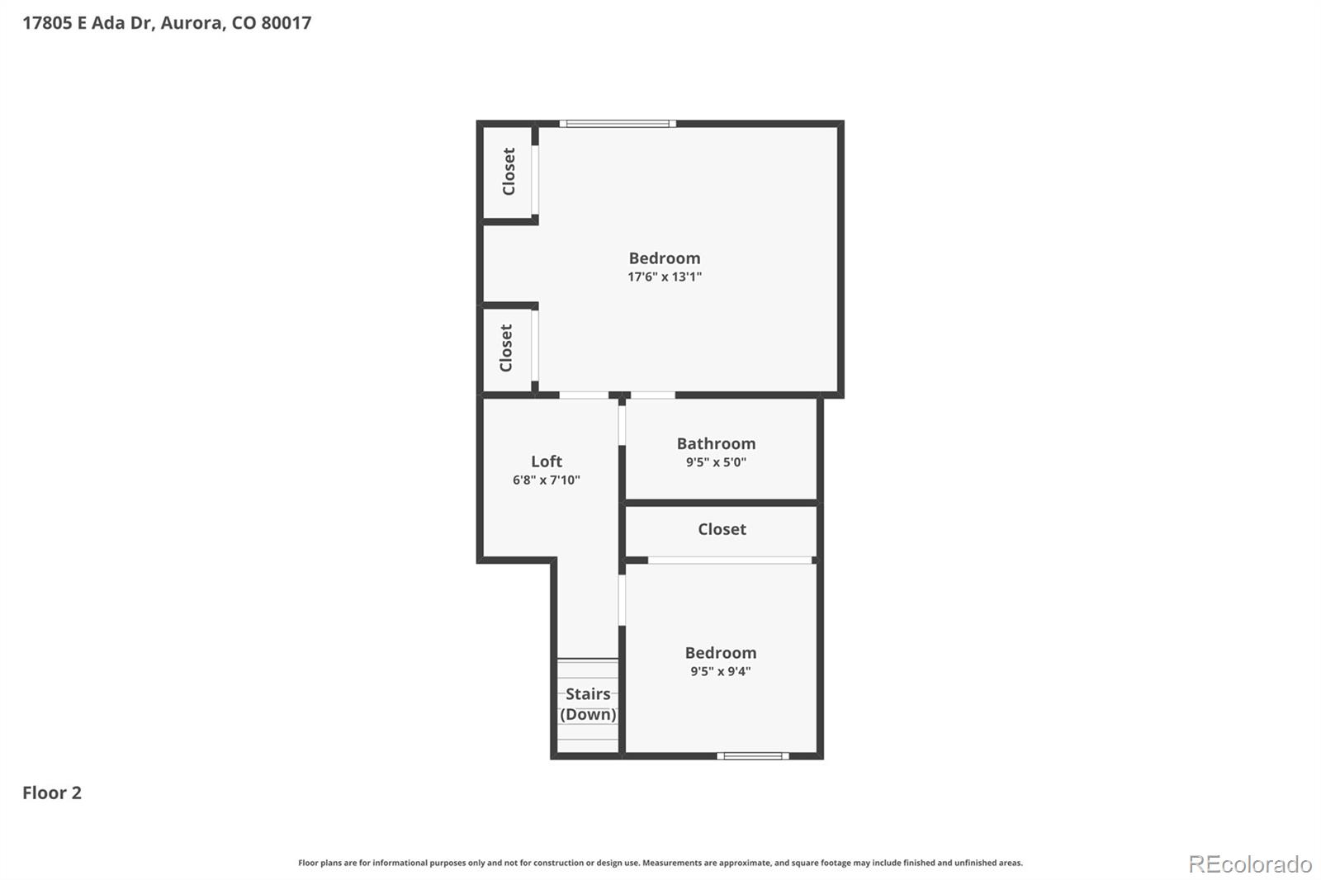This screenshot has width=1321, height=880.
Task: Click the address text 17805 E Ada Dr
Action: coord(88,23)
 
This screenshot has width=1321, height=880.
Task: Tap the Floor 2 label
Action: coord(52,792)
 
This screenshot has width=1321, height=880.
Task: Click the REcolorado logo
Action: coord(1250,864)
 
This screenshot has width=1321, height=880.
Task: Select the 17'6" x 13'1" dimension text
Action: coord(665,277)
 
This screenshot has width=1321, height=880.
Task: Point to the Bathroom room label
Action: coord(716,443)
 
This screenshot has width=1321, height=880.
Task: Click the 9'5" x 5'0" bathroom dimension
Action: coord(716,461)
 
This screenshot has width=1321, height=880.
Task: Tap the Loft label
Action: coord(546,461)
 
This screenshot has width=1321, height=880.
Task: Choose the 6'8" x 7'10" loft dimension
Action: coord(546,480)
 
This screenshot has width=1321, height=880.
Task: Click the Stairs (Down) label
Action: coord(588,704)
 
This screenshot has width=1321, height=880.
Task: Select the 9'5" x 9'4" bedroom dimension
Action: coord(721,671)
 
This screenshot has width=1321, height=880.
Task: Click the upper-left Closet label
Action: coord(509,172)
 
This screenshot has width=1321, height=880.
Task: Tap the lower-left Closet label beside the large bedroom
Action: coord(505,348)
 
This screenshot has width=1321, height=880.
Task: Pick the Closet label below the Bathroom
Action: coord(722,529)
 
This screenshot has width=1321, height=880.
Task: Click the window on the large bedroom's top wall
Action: coord(618,124)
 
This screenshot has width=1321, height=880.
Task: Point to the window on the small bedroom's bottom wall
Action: coord(752,756)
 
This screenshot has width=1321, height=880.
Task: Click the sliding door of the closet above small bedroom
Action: coord(730,560)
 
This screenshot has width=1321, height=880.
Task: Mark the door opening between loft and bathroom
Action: coord(622,425)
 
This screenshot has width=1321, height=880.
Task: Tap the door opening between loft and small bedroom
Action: coord(622,600)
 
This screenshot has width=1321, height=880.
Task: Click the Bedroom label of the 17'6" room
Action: coord(665,258)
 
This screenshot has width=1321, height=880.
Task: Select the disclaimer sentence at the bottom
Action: coord(660,863)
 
